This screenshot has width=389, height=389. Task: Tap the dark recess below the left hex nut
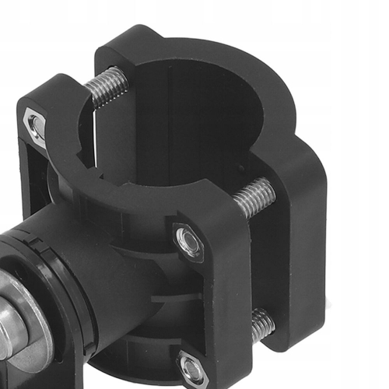coord(31,179)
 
